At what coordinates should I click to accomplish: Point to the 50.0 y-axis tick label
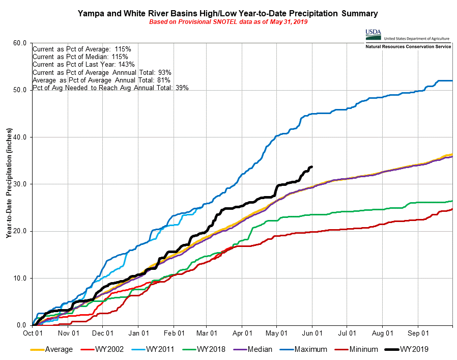point(19,90)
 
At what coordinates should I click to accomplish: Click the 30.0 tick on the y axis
point(19,184)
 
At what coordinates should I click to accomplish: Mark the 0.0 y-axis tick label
point(21,325)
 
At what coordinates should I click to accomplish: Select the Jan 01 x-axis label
point(138,334)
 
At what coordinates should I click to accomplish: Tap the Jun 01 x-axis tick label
point(312,334)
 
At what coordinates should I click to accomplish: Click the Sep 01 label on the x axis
point(418,334)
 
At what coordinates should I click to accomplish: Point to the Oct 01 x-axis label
point(33,334)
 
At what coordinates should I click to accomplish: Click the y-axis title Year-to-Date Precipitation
point(10,183)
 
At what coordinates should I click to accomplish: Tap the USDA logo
point(373,34)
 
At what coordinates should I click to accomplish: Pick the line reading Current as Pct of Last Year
point(83,64)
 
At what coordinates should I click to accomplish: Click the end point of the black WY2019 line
point(312,167)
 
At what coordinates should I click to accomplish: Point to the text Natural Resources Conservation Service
point(408,46)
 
